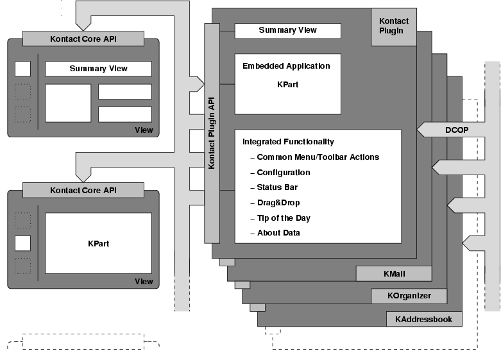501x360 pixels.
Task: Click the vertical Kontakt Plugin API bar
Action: click(212, 132)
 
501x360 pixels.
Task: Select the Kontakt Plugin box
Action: click(394, 26)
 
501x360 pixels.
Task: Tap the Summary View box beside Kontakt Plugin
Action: click(287, 30)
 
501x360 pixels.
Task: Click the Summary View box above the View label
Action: click(98, 69)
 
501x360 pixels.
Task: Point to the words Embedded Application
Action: click(286, 66)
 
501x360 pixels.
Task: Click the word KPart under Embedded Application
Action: click(287, 84)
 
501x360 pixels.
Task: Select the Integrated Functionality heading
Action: click(288, 142)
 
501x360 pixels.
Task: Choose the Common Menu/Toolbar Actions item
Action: click(318, 157)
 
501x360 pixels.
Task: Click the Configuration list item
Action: click(283, 173)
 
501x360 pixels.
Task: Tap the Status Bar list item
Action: click(277, 187)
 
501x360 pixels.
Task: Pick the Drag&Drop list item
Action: click(279, 203)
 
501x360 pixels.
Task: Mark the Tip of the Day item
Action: click(284, 218)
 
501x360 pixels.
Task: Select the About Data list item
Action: click(278, 233)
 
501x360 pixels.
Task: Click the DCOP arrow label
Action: click(457, 130)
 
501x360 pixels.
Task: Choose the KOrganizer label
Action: click(409, 296)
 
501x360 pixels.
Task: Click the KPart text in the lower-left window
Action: click(98, 244)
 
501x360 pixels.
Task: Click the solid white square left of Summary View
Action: click(22, 69)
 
